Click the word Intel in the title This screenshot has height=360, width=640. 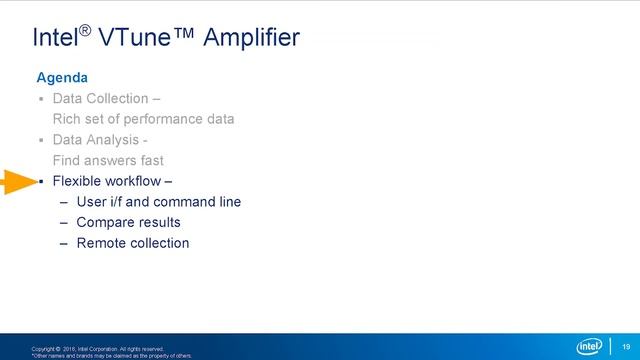pos(55,39)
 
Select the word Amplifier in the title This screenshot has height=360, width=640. pos(251,39)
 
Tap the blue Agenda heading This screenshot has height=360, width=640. pos(62,77)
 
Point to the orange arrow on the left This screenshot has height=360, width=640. pos(18,182)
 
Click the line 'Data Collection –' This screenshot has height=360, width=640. pos(105,99)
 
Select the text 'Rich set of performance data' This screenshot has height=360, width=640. pos(143,119)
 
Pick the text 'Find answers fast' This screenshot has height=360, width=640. pos(108,160)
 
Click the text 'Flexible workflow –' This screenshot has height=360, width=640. pos(112,181)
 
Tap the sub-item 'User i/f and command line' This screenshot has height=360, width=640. pos(158,202)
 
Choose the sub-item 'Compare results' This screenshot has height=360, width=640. pos(128,222)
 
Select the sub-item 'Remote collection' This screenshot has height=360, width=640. pos(132,243)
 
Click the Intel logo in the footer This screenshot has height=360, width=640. pos(592,345)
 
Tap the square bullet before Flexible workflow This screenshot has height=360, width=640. pos(41,182)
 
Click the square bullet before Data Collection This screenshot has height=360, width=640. pos(41,100)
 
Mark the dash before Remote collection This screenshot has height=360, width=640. pos(64,243)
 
